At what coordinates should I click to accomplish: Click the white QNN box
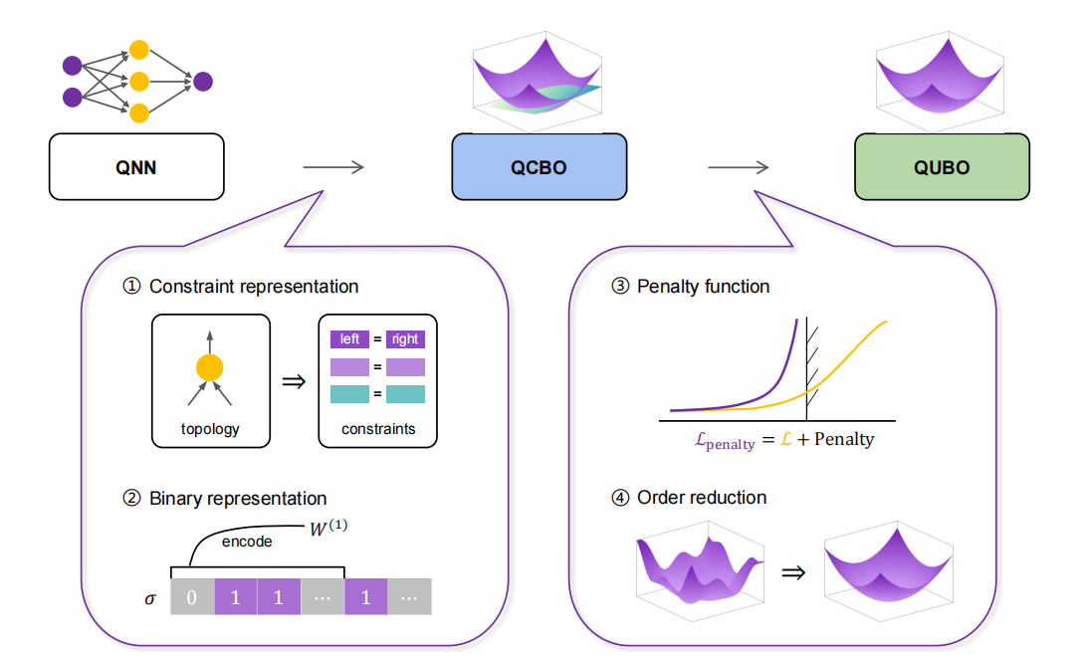(x=136, y=166)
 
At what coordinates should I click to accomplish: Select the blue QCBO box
(x=539, y=166)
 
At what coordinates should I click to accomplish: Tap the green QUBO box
(x=941, y=166)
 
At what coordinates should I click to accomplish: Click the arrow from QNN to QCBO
(x=333, y=167)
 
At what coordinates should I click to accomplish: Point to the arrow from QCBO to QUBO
(x=740, y=167)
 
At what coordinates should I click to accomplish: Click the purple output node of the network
(x=203, y=82)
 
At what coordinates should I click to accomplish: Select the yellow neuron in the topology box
(x=209, y=366)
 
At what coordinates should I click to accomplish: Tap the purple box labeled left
(x=349, y=339)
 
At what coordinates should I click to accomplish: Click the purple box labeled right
(x=405, y=339)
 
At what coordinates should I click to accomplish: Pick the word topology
(x=209, y=430)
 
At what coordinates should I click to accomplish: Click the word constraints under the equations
(x=377, y=430)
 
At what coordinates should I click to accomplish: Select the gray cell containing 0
(x=192, y=597)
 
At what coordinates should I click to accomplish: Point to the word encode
(x=247, y=543)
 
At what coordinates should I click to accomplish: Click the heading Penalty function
(x=703, y=287)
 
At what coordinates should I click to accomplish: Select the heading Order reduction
(x=702, y=497)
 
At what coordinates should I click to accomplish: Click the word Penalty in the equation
(x=843, y=439)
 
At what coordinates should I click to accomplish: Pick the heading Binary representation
(x=237, y=498)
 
